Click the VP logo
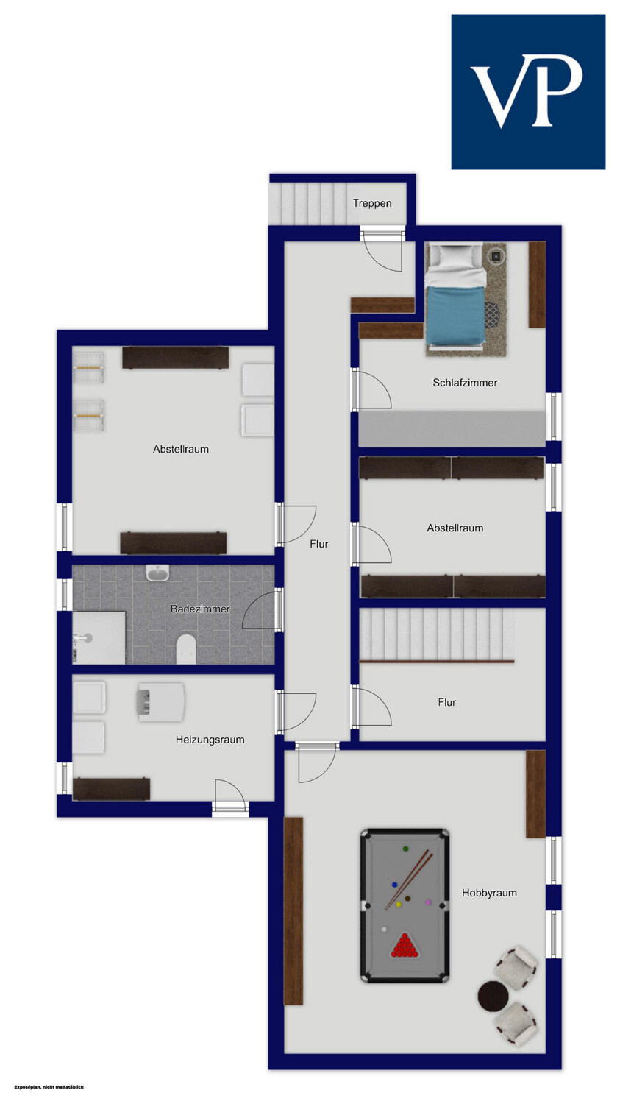coord(528,92)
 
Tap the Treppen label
coord(372,203)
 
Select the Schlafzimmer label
coord(465,383)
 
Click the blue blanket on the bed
coord(455,316)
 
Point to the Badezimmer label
coord(200,609)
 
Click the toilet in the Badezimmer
coord(186,648)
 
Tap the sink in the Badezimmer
coord(157,573)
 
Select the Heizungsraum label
coord(210,739)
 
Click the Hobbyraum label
coord(489,893)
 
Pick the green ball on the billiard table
coord(406,849)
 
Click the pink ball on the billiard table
coord(428,902)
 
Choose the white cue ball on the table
coord(384,929)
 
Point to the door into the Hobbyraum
coord(317,763)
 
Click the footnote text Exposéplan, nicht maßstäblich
coord(49,1087)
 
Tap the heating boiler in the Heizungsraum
coord(160,702)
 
